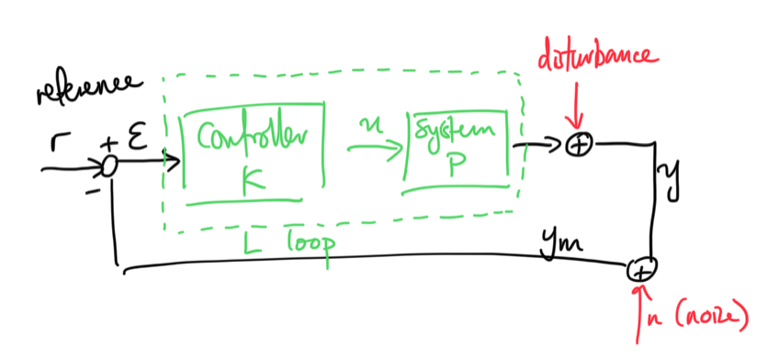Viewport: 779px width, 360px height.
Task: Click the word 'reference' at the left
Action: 89,89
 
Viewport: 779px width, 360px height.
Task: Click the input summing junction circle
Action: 108,165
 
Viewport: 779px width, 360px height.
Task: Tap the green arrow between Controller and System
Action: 373,146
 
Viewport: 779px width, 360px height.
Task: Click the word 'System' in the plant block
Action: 457,133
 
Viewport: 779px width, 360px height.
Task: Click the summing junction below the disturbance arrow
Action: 580,144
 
